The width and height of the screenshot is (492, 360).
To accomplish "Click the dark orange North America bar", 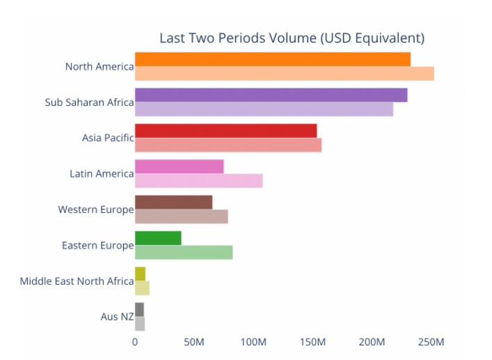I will pyautogui.click(x=272, y=59).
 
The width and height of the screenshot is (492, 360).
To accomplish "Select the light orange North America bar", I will pyautogui.click(x=284, y=73).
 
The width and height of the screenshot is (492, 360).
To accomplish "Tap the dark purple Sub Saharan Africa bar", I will pyautogui.click(x=271, y=95).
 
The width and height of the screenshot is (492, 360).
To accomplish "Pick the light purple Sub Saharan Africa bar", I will pyautogui.click(x=264, y=109).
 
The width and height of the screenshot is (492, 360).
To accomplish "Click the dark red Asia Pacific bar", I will pyautogui.click(x=225, y=131).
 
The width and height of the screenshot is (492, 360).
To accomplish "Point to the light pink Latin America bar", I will pyautogui.click(x=198, y=180).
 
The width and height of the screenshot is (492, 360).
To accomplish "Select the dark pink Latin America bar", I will pyautogui.click(x=179, y=166).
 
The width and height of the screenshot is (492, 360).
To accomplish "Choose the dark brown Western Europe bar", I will pyautogui.click(x=173, y=202).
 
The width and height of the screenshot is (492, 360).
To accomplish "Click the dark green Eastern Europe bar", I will pyautogui.click(x=158, y=237).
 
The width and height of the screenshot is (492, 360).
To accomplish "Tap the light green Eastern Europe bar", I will pyautogui.click(x=184, y=252).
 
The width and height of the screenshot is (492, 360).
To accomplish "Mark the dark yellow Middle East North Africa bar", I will pyautogui.click(x=140, y=274).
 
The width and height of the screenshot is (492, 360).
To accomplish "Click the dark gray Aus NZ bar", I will pyautogui.click(x=139, y=309).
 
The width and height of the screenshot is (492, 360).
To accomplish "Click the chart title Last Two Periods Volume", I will pyautogui.click(x=292, y=38).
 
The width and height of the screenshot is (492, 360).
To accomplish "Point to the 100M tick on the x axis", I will pyautogui.click(x=253, y=342).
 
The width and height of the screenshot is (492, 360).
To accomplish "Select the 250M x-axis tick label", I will pyautogui.click(x=431, y=342).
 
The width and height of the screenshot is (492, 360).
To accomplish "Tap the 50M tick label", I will pyautogui.click(x=193, y=342).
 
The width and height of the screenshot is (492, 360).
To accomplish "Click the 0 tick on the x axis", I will pyautogui.click(x=135, y=342).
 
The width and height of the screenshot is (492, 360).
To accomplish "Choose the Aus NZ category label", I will pyautogui.click(x=117, y=317).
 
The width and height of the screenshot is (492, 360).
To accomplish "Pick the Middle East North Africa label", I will pyautogui.click(x=77, y=281).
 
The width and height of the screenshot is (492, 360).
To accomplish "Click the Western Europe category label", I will pyautogui.click(x=95, y=210).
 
